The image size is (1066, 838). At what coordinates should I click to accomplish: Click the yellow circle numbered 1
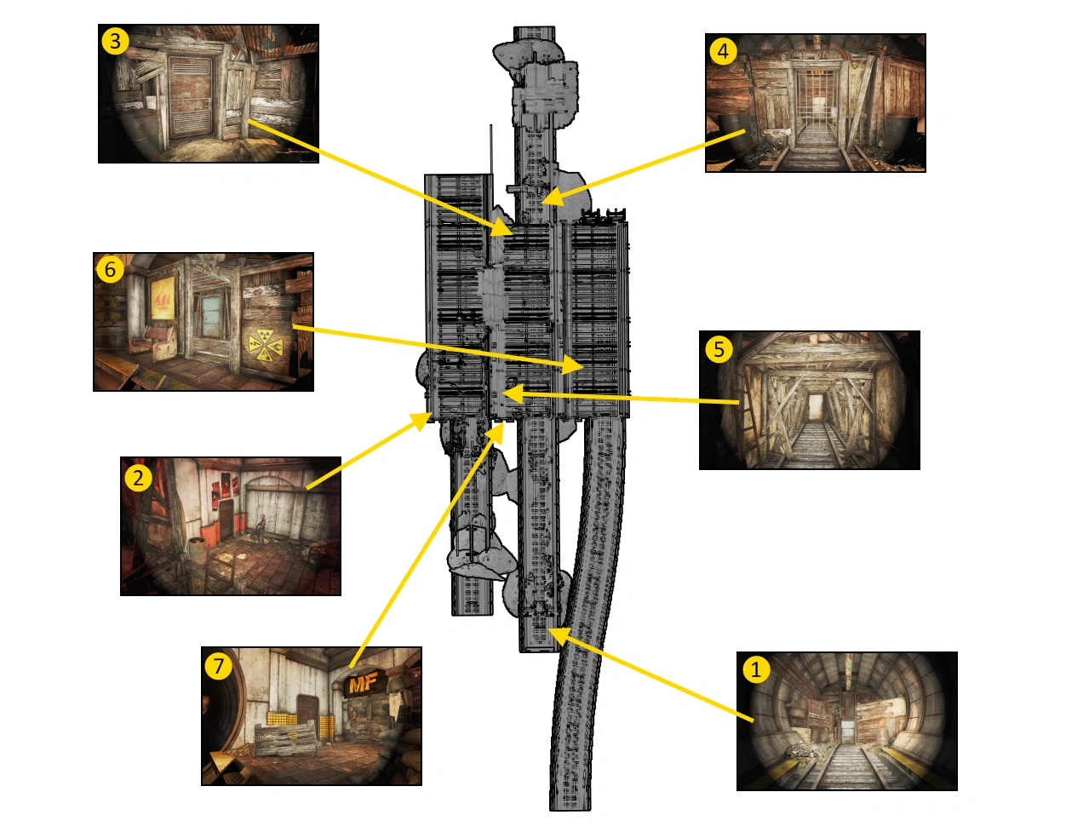tap(756, 669)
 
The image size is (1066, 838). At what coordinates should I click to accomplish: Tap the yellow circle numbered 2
tap(138, 478)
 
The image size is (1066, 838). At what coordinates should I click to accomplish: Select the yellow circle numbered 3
tap(115, 41)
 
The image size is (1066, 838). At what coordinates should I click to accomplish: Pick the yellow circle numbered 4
tap(723, 51)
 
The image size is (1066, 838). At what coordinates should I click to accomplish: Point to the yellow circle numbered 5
tap(719, 349)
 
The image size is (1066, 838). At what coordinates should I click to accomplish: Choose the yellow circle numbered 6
tap(110, 269)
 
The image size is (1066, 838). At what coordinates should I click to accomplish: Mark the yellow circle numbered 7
tap(218, 666)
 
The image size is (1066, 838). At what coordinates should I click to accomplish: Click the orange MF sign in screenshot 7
tap(364, 684)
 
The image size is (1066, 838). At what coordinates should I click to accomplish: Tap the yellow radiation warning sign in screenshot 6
tap(266, 344)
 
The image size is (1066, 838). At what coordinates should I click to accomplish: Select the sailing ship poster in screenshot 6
tap(162, 298)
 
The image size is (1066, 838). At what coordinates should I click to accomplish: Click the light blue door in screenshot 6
tap(211, 316)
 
